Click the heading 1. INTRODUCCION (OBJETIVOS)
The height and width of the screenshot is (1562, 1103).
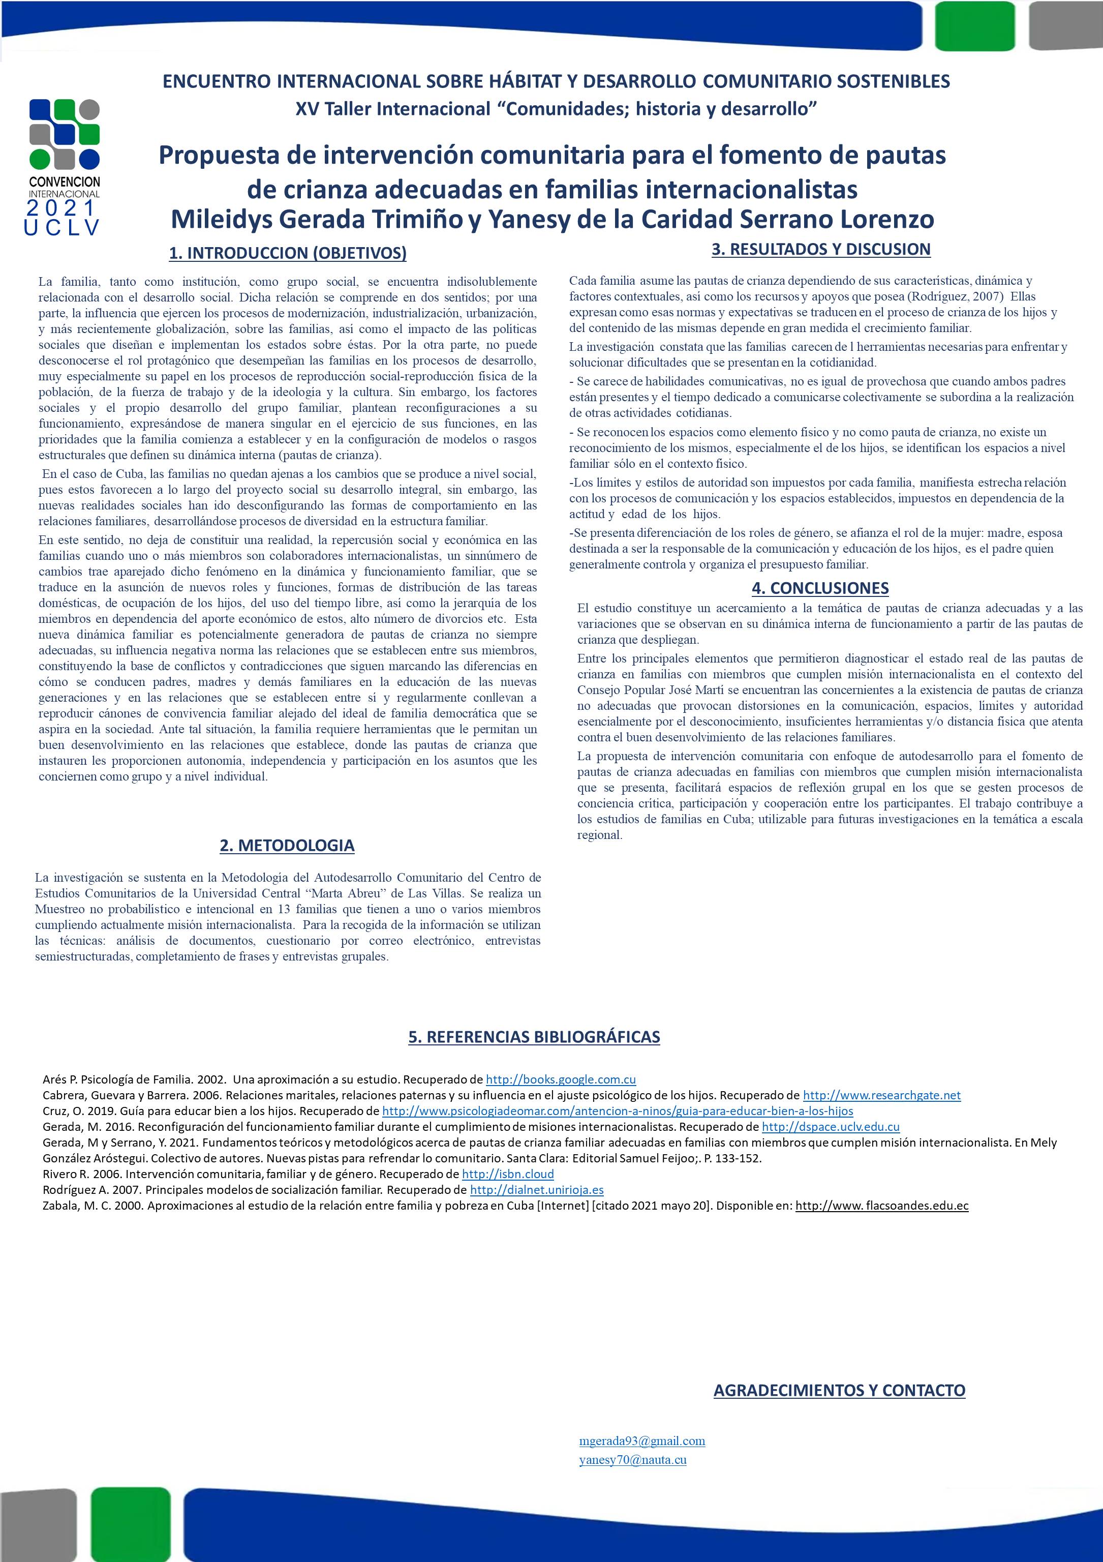point(288,253)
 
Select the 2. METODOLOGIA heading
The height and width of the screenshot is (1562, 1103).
point(287,845)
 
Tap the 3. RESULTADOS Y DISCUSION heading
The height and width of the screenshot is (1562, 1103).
point(821,249)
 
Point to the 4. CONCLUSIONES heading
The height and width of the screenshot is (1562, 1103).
point(820,588)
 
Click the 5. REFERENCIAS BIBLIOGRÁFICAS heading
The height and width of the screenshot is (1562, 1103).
point(534,1037)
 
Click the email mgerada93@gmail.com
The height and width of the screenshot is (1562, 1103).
point(642,1441)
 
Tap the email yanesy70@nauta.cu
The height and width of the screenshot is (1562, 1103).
point(632,1459)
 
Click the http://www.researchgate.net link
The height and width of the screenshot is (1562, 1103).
point(881,1095)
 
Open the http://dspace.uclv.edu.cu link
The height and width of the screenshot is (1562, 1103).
point(831,1127)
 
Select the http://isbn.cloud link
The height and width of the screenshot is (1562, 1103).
point(507,1174)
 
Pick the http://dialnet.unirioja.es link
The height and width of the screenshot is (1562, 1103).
point(537,1190)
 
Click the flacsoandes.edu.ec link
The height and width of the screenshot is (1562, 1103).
point(881,1206)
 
